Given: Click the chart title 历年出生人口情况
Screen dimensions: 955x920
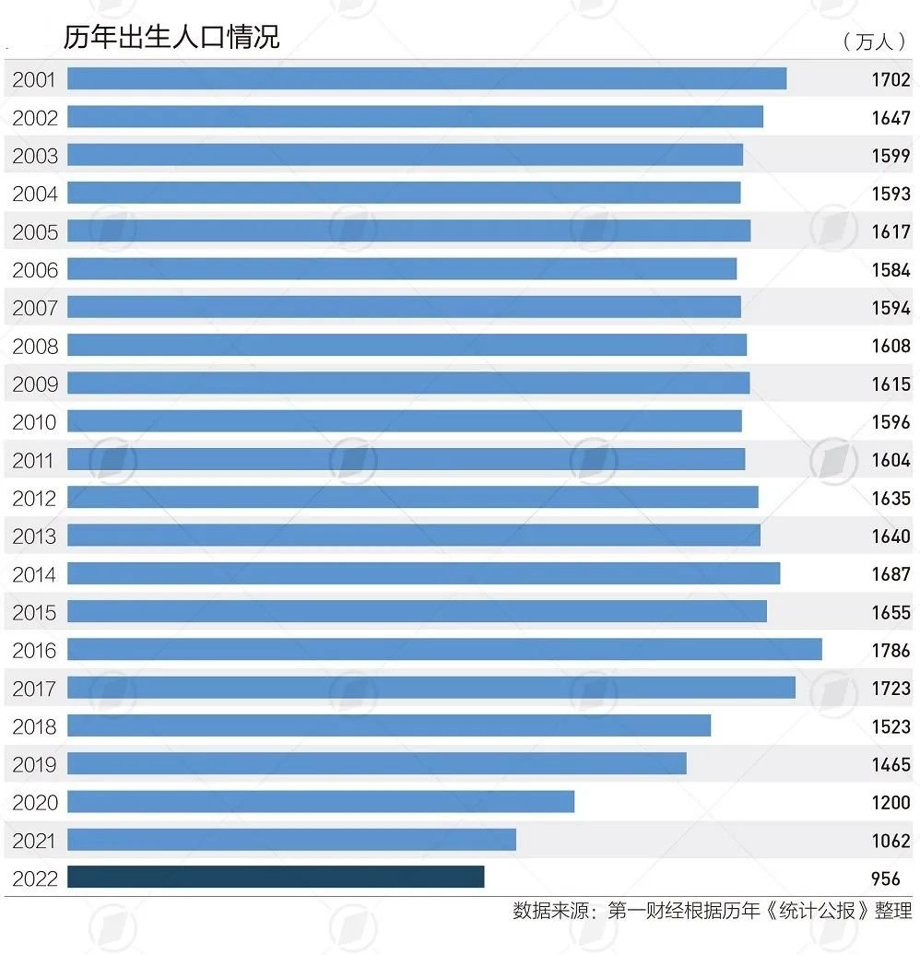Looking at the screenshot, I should coord(171,37).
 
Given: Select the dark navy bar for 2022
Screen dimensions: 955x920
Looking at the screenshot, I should coord(276,878).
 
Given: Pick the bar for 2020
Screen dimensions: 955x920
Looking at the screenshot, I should coord(321,802).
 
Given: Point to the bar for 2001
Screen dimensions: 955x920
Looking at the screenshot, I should coord(427,79).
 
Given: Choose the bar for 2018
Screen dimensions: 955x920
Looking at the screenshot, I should coord(389,725).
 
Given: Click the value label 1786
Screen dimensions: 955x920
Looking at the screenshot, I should coord(891,651).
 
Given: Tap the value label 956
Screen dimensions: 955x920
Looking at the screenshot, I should coord(885,878).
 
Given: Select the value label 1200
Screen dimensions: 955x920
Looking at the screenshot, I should coord(891,803).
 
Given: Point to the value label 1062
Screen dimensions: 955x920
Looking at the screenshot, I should coord(891,841).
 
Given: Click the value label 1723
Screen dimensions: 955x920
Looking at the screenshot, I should coord(891,689).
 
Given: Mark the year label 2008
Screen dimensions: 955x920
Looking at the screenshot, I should coord(34,347).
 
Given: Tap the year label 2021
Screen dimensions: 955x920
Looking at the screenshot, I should coord(34,841).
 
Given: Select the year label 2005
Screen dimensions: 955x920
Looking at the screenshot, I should coord(34,232).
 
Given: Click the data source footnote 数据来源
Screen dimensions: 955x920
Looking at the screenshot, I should coord(712,912).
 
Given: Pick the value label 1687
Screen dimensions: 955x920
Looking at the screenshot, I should coord(891,574).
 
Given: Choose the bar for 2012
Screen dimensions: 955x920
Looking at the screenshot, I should coord(413,498).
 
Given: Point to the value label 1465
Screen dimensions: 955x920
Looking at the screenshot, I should coord(891,764).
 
